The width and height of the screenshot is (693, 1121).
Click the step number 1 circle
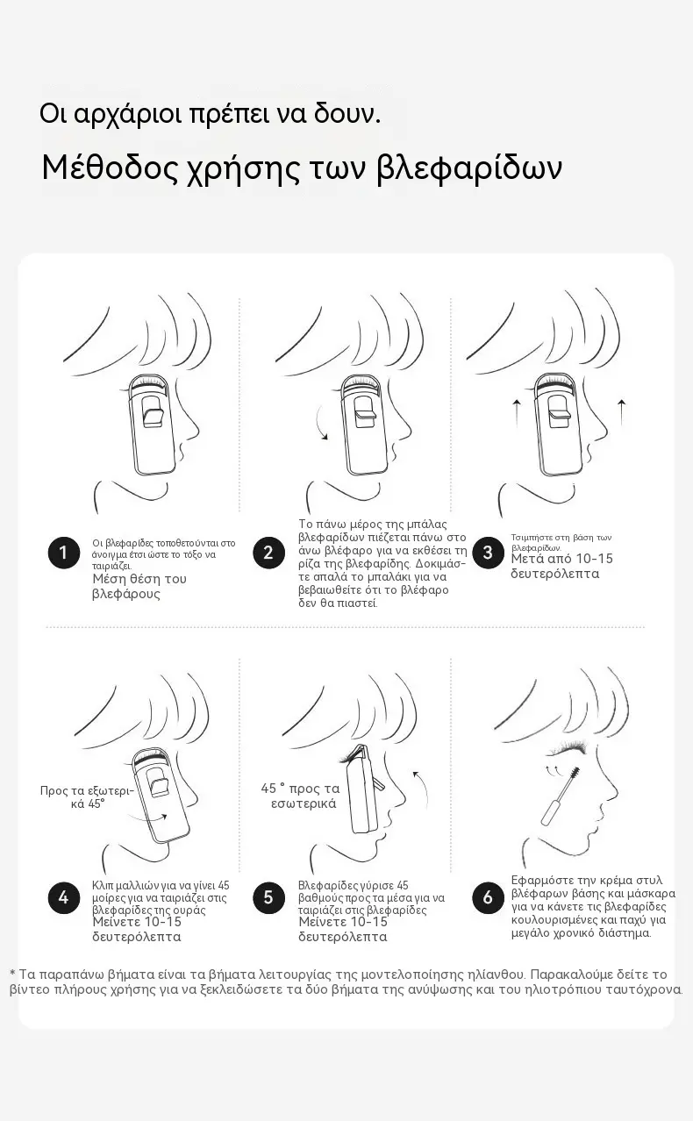[x=63, y=553]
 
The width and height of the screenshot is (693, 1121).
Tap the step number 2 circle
[x=268, y=553]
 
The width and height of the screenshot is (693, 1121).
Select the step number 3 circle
[x=488, y=553]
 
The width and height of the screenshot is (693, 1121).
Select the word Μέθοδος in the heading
[x=110, y=168]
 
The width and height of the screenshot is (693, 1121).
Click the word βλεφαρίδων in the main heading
[x=468, y=169]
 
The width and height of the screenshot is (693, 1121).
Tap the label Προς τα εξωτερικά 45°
[x=87, y=797]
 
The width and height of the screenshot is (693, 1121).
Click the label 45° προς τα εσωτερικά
[x=300, y=796]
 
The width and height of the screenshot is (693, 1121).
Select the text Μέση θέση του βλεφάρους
[x=139, y=587]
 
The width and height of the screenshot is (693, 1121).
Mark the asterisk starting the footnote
[x=12, y=974]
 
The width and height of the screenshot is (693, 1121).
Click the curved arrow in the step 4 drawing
[x=146, y=818]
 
